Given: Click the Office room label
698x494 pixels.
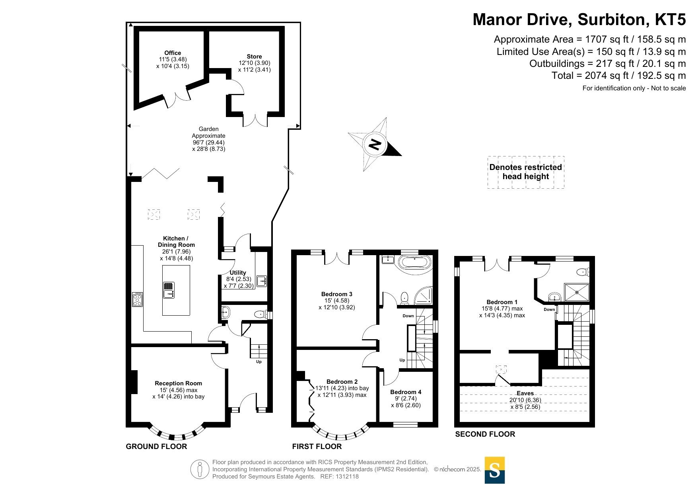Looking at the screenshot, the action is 173,53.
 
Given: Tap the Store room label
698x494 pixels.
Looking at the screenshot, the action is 254,57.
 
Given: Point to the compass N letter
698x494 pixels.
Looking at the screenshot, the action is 375,144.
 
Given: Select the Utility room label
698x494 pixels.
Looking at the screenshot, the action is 238,273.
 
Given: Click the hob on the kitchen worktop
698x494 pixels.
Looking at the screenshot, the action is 137,299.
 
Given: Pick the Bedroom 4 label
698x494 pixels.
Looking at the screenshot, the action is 406,392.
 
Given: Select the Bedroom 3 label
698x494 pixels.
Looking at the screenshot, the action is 337,294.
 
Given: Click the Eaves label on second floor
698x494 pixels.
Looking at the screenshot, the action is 525,393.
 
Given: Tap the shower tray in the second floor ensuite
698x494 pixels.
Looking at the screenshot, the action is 577,292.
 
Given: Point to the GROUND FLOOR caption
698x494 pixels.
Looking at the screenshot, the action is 156,447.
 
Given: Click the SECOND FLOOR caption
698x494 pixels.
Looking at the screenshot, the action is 485,434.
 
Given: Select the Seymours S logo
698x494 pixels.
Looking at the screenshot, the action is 495,470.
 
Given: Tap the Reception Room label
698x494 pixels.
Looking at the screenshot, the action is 178,383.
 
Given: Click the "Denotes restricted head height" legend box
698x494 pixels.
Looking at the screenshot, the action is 526,172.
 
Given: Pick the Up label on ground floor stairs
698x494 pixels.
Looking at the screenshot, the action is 259,362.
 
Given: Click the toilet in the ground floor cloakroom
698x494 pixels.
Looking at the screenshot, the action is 261,314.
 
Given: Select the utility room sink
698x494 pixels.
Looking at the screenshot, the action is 262,281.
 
